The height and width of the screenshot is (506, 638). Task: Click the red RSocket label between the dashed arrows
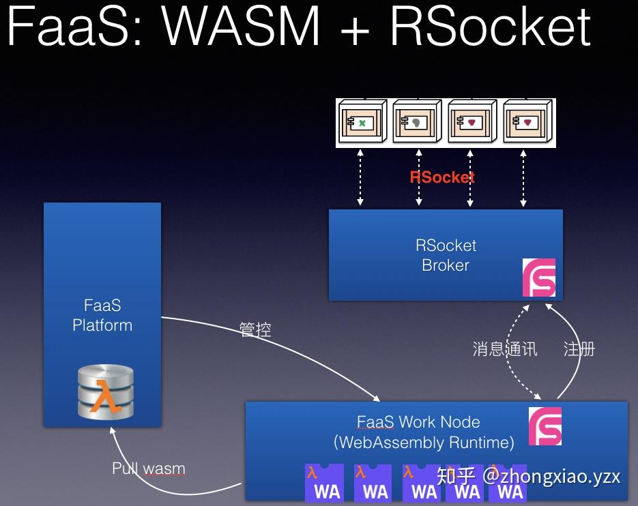click(442, 177)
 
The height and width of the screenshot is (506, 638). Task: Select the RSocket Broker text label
click(446, 255)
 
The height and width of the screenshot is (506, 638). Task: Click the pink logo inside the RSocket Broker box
click(539, 277)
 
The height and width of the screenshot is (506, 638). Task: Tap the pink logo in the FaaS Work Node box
click(545, 426)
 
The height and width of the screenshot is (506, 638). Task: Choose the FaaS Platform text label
click(102, 315)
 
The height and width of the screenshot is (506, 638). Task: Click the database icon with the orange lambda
click(105, 392)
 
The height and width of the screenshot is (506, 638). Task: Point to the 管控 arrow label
click(255, 330)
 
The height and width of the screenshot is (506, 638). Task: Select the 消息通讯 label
click(505, 349)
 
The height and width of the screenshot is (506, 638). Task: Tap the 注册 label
click(579, 349)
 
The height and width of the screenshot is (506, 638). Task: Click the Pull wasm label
click(148, 469)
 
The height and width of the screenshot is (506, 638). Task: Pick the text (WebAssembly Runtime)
click(424, 442)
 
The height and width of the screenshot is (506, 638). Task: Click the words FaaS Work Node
click(418, 422)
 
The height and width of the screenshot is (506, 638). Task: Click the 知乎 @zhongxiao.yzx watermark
click(528, 475)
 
